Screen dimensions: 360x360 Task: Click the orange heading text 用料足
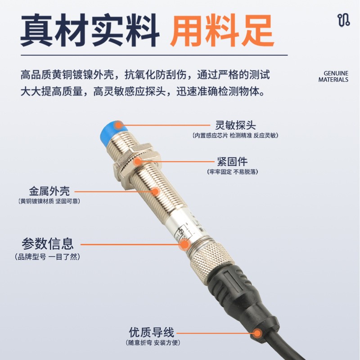pyautogui.click(x=222, y=30)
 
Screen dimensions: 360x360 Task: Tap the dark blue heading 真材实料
pyautogui.click(x=90, y=30)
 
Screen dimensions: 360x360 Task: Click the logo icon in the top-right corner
pyautogui.click(x=343, y=20)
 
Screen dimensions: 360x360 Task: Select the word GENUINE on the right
pyautogui.click(x=336, y=73)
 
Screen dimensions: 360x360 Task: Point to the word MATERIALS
pyautogui.click(x=333, y=80)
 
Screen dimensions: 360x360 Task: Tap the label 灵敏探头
pyautogui.click(x=235, y=125)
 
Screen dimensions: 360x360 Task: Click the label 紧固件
pyautogui.click(x=232, y=162)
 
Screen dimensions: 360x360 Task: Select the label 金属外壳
pyautogui.click(x=49, y=191)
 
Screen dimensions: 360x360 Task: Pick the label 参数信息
pyautogui.click(x=48, y=244)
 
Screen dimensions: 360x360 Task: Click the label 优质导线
pyautogui.click(x=152, y=332)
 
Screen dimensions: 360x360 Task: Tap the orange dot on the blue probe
pyautogui.click(x=118, y=126)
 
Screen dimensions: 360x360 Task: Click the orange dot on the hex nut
pyautogui.click(x=138, y=162)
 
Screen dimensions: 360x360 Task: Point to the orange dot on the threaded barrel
pyautogui.click(x=155, y=191)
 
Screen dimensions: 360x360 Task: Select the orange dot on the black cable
pyautogui.click(x=257, y=333)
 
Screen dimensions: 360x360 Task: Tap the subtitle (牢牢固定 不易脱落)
pyautogui.click(x=232, y=172)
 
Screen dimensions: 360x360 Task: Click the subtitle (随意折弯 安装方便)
pyautogui.click(x=153, y=343)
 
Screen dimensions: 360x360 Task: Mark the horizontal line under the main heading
pyautogui.click(x=154, y=55)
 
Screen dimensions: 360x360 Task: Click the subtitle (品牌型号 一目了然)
pyautogui.click(x=48, y=256)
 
